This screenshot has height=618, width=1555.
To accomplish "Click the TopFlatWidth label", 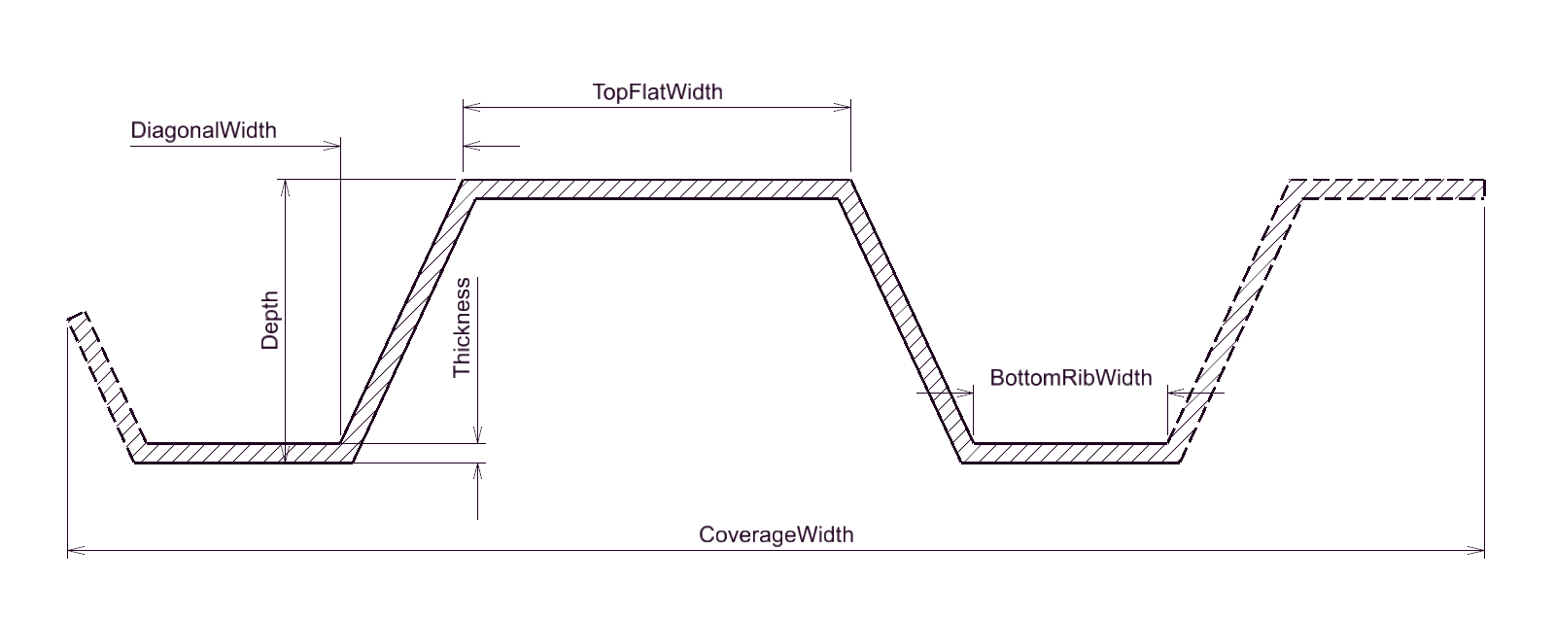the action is (x=657, y=91).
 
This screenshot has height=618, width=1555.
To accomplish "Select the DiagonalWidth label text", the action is (x=203, y=130).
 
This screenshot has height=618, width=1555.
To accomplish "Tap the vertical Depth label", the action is (x=269, y=320).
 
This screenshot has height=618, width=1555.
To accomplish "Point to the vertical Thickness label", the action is (x=462, y=327).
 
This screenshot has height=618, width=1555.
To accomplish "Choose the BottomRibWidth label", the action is (x=1070, y=378).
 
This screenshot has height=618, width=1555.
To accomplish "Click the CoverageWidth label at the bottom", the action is (x=777, y=534).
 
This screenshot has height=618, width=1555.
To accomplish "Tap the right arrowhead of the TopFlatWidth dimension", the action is (x=842, y=107).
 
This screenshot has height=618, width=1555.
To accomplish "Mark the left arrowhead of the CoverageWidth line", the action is (x=77, y=551).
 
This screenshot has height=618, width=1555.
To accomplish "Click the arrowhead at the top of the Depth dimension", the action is (x=286, y=189).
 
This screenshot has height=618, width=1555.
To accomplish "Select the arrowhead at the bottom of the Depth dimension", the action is (x=286, y=454).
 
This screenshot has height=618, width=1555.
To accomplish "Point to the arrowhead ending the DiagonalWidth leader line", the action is (x=331, y=146).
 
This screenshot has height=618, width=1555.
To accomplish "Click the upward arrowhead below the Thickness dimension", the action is (x=477, y=472).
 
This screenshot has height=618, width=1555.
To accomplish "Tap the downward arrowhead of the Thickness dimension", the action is (x=477, y=434).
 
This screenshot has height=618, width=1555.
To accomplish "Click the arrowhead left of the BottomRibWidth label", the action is (x=965, y=393).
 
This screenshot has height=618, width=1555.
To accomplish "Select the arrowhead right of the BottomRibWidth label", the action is (x=1177, y=393).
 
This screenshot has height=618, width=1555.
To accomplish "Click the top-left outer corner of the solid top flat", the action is (x=463, y=180).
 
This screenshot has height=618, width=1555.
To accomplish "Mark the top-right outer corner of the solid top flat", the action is (x=851, y=180).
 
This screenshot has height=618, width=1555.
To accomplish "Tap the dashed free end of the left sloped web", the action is (x=77, y=316).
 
